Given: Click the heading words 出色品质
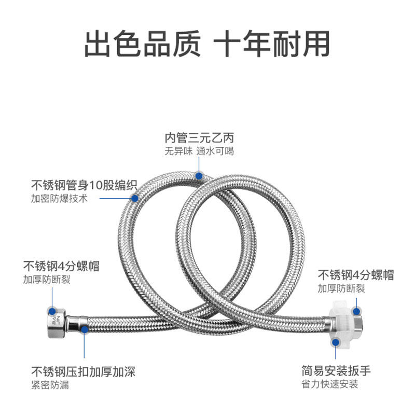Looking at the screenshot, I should pos(142,44).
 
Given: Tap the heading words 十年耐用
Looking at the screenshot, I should pos(272,44).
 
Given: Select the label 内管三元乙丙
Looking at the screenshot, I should pos(200,139).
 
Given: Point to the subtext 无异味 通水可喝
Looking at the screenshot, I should pos(200,151).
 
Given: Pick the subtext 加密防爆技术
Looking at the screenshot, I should pos(60,199).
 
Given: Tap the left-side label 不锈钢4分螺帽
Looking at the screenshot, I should pos(61,267).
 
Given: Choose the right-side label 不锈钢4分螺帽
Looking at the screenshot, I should pos(356,275).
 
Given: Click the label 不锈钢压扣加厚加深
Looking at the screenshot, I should pos(84,371).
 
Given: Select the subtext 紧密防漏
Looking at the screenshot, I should pos(50,385).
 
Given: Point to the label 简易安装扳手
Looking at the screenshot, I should pos(336,371).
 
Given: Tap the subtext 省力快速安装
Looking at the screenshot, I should pos(330,384).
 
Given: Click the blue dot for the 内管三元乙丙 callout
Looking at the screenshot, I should pos(199,176).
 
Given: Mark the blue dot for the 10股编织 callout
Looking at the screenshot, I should pos(135,198).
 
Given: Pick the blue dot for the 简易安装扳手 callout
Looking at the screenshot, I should pos(336,342).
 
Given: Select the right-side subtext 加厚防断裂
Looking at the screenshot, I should pos(341,288).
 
